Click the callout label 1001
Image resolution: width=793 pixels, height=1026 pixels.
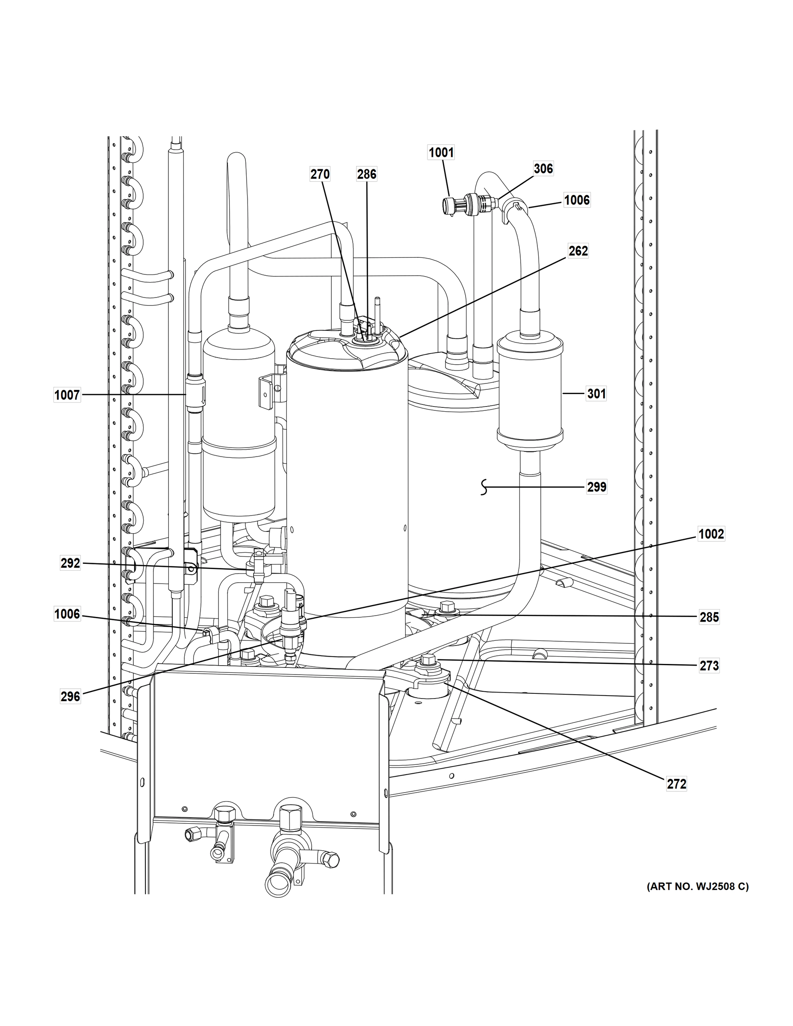click(x=441, y=152)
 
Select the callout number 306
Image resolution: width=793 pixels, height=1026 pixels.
click(x=543, y=168)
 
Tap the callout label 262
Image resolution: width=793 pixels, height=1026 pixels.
click(x=578, y=251)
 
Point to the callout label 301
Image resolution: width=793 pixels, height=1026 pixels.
click(x=596, y=393)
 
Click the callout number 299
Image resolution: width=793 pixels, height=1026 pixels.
click(x=596, y=487)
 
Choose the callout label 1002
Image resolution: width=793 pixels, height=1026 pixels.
click(x=711, y=534)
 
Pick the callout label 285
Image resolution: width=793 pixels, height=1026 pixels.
click(x=709, y=617)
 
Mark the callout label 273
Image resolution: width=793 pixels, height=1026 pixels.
click(x=709, y=666)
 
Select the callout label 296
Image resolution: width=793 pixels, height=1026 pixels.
click(x=70, y=696)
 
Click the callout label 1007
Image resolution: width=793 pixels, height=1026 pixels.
click(x=67, y=395)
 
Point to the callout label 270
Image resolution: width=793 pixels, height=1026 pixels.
click(x=319, y=174)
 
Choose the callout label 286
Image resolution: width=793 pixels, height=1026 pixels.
click(x=366, y=174)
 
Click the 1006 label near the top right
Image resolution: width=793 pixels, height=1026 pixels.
click(x=576, y=200)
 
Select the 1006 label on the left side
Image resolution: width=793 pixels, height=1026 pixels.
click(x=67, y=614)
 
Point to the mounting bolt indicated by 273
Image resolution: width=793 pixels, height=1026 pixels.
click(x=428, y=661)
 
